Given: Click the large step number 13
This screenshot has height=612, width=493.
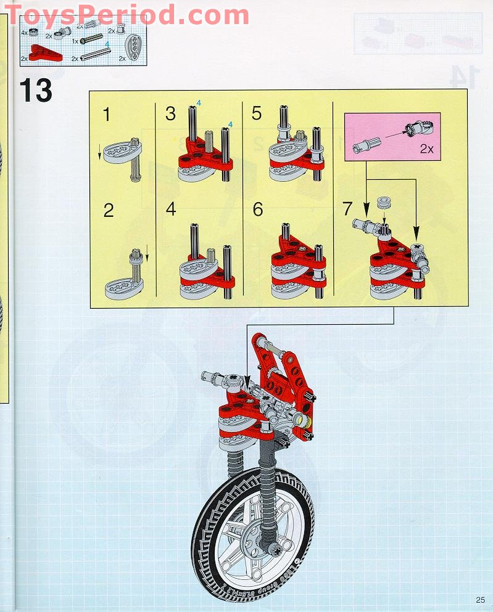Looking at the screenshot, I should click(36, 91).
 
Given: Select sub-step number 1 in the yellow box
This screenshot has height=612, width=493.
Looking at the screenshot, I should click(108, 114).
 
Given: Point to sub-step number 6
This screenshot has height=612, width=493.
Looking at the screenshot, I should click(258, 210).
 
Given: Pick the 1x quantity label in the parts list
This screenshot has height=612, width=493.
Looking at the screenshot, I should click(75, 41).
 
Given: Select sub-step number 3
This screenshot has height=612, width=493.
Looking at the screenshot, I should click(171, 114).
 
